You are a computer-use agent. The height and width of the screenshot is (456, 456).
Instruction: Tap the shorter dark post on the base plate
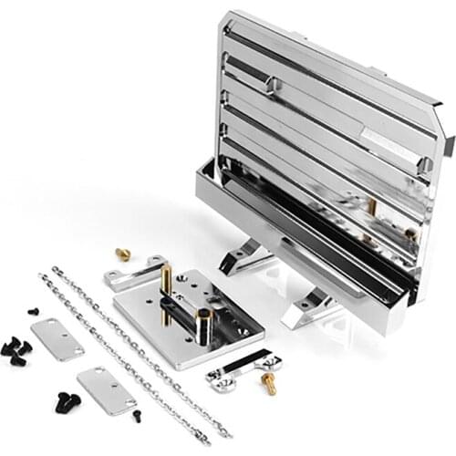(x=202, y=325)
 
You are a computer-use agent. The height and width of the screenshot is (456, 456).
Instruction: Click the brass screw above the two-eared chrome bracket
(x=123, y=254)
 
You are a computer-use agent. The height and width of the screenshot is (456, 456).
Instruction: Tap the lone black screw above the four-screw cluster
(x=33, y=311)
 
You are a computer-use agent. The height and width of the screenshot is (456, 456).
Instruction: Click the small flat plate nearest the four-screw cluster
(x=57, y=338)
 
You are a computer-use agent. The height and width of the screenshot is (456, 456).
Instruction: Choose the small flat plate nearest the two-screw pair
(x=107, y=390)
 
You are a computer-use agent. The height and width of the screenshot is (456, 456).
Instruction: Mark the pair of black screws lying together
(x=67, y=400)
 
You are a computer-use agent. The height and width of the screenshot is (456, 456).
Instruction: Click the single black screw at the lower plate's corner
(x=137, y=415)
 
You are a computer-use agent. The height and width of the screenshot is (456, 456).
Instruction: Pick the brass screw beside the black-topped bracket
(x=269, y=382)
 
